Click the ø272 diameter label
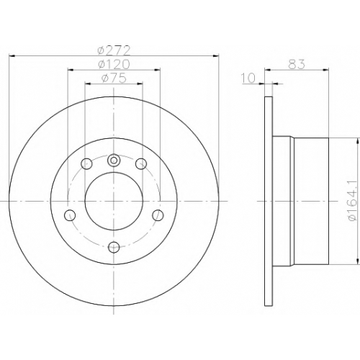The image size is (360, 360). click(114, 50)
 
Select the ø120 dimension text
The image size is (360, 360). click(114, 64)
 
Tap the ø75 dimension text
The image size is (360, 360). click(114, 78)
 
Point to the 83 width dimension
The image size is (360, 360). click(297, 64)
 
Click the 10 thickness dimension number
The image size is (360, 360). click(248, 78)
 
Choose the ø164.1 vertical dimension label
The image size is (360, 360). click(354, 200)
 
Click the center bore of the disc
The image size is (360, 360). click(114, 201)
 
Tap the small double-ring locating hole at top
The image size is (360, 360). click(114, 160)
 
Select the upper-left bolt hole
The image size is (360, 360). click(86, 164)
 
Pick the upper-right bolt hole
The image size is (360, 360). click(141, 164)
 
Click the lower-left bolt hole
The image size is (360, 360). click(70, 215)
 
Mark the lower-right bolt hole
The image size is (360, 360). click(158, 215)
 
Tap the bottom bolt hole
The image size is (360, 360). click(114, 247)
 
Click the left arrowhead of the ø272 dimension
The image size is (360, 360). click(12, 56)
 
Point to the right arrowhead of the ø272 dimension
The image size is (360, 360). click(216, 56)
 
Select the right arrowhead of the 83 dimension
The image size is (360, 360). click(325, 70)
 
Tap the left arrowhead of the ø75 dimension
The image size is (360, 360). click(88, 84)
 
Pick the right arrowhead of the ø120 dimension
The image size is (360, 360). click(157, 70)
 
